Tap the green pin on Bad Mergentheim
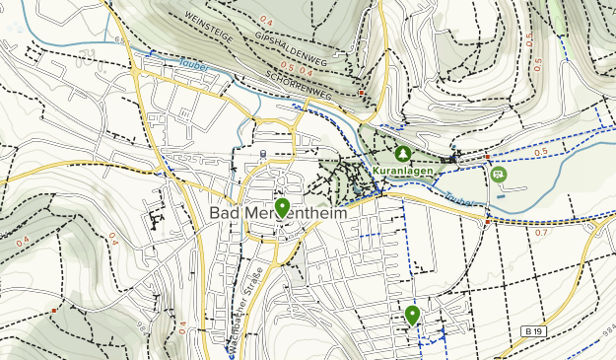click(x=283, y=207)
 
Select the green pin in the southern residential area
click(x=412, y=315)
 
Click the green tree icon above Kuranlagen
click(x=403, y=154)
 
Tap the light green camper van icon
click(x=498, y=175)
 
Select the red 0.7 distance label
click(x=541, y=233)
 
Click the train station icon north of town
click(x=263, y=153)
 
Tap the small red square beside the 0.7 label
click(x=489, y=222)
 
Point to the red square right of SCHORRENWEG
click(x=362, y=93)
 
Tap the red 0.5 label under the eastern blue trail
click(x=539, y=152)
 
